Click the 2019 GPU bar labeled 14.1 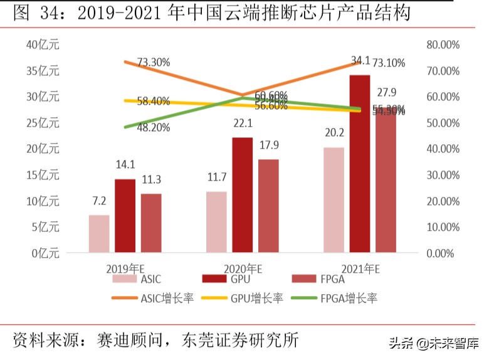[125, 216]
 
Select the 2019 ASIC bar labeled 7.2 [98, 234]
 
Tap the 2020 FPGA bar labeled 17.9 [268, 206]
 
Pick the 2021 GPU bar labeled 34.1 [359, 164]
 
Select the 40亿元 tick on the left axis [43, 45]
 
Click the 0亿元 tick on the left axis [46, 253]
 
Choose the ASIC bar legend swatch [125, 280]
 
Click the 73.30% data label [154, 62]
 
